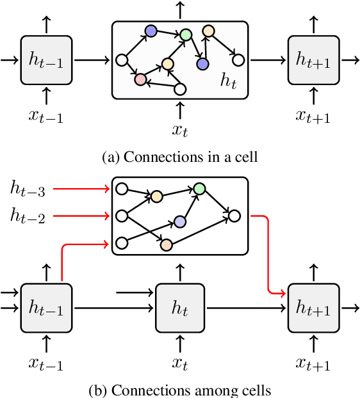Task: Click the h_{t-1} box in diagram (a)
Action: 46,60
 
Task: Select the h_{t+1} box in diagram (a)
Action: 313,60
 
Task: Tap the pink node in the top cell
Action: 139,80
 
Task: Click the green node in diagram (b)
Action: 199,188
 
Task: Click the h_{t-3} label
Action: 28,188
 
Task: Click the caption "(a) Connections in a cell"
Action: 180,155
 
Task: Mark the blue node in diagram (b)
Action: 180,221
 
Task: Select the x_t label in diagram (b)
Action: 181,364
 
